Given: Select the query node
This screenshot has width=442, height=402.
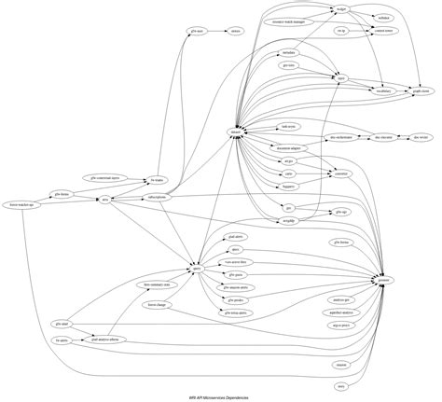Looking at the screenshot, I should [x=197, y=269].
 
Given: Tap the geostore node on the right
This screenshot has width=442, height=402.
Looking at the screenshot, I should [x=383, y=279].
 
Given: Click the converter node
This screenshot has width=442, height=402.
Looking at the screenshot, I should [x=340, y=174].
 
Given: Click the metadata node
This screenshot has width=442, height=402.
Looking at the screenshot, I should [x=288, y=53].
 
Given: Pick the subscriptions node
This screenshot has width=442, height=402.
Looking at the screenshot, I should [x=158, y=197].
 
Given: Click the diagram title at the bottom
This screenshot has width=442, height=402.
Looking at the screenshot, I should [x=220, y=396].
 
